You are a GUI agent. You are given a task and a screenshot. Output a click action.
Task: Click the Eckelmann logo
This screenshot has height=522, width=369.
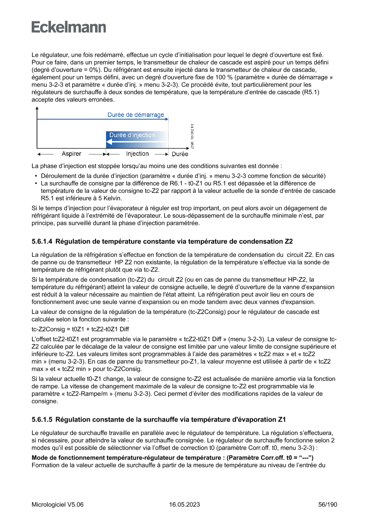click(x=69, y=27)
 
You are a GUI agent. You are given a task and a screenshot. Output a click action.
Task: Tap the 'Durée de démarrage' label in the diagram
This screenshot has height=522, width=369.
click(x=136, y=115)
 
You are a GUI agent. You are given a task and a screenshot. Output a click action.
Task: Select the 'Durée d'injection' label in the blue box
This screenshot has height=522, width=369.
click(x=132, y=135)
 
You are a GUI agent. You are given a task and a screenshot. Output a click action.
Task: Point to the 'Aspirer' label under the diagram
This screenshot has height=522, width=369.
click(x=71, y=154)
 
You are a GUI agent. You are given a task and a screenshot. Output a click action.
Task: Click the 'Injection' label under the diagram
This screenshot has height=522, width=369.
click(x=137, y=154)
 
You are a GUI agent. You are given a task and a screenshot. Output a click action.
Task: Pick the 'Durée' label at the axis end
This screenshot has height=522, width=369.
click(x=180, y=154)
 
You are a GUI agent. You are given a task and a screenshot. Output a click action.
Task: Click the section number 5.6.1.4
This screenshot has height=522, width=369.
click(x=42, y=242)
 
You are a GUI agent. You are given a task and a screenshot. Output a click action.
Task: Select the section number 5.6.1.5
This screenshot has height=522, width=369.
click(x=42, y=420)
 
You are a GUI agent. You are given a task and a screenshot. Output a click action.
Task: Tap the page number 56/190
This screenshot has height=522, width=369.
click(x=328, y=505)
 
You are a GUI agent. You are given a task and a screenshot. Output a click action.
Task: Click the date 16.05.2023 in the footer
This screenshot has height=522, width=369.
click(x=184, y=505)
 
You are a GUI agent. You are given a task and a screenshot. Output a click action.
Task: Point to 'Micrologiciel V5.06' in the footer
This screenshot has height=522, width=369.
click(x=58, y=505)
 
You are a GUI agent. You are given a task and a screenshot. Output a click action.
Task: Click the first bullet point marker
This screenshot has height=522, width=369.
click(x=36, y=175)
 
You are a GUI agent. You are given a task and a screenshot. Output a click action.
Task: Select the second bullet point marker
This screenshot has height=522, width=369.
click(x=36, y=183)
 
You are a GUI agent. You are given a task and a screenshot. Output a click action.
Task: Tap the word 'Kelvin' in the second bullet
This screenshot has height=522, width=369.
click(x=112, y=198)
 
